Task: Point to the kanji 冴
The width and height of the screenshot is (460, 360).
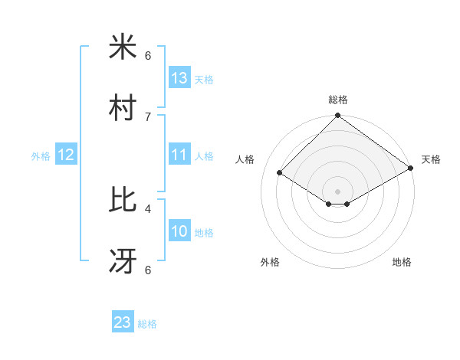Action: pyautogui.click(x=123, y=262)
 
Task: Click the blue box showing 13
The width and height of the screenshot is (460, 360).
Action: pyautogui.click(x=179, y=77)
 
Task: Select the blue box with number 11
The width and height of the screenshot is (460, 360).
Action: pyautogui.click(x=179, y=154)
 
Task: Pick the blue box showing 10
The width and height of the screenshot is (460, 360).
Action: pyautogui.click(x=179, y=231)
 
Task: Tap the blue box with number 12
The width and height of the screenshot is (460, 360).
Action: pyautogui.click(x=66, y=154)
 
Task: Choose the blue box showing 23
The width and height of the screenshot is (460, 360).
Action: pyautogui.click(x=123, y=322)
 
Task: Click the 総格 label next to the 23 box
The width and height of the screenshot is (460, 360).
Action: pyautogui.click(x=147, y=324)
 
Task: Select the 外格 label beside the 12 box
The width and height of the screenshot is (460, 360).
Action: pyautogui.click(x=41, y=156)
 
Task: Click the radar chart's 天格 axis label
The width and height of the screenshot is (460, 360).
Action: pyautogui.click(x=431, y=159)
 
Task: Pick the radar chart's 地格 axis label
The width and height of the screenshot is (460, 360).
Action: pyautogui.click(x=402, y=262)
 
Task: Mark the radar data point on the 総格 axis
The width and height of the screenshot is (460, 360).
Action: pyautogui.click(x=337, y=116)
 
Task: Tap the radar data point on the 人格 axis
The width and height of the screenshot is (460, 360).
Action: pyautogui.click(x=280, y=173)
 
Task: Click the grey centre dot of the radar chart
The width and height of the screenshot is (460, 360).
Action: pyautogui.click(x=337, y=191)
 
